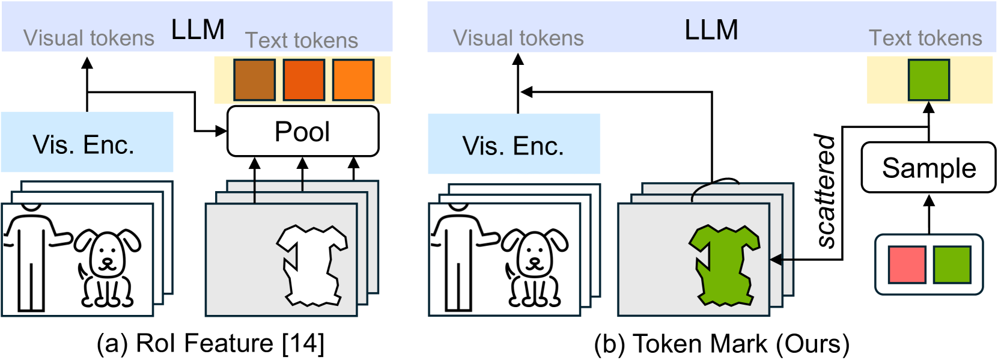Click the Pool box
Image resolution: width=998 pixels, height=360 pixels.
[x=303, y=132]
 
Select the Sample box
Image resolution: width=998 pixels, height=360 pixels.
[x=929, y=168]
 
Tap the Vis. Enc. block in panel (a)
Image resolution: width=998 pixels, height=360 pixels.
[x=87, y=142]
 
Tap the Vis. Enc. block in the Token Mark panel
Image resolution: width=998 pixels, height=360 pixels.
[x=514, y=144]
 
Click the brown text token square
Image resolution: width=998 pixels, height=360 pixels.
[x=254, y=80]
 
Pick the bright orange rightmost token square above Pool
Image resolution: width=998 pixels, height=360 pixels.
[x=353, y=80]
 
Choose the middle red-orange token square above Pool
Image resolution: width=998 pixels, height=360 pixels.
[x=304, y=80]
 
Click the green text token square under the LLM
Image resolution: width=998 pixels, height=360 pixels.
[x=929, y=80]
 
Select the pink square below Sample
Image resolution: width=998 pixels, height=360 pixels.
[x=907, y=264]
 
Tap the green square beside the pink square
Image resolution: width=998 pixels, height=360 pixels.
[x=952, y=264]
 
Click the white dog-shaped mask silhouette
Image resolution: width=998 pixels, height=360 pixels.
[x=312, y=266]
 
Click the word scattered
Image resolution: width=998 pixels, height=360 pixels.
[x=826, y=191]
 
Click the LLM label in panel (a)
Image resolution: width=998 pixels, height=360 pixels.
[x=198, y=29]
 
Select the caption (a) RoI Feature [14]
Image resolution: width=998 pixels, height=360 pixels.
[x=211, y=344]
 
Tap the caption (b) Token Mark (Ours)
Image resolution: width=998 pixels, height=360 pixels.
[x=722, y=344]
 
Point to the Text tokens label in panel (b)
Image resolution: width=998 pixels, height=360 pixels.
[x=925, y=38]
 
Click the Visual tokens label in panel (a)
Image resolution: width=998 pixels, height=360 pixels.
[x=89, y=38]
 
